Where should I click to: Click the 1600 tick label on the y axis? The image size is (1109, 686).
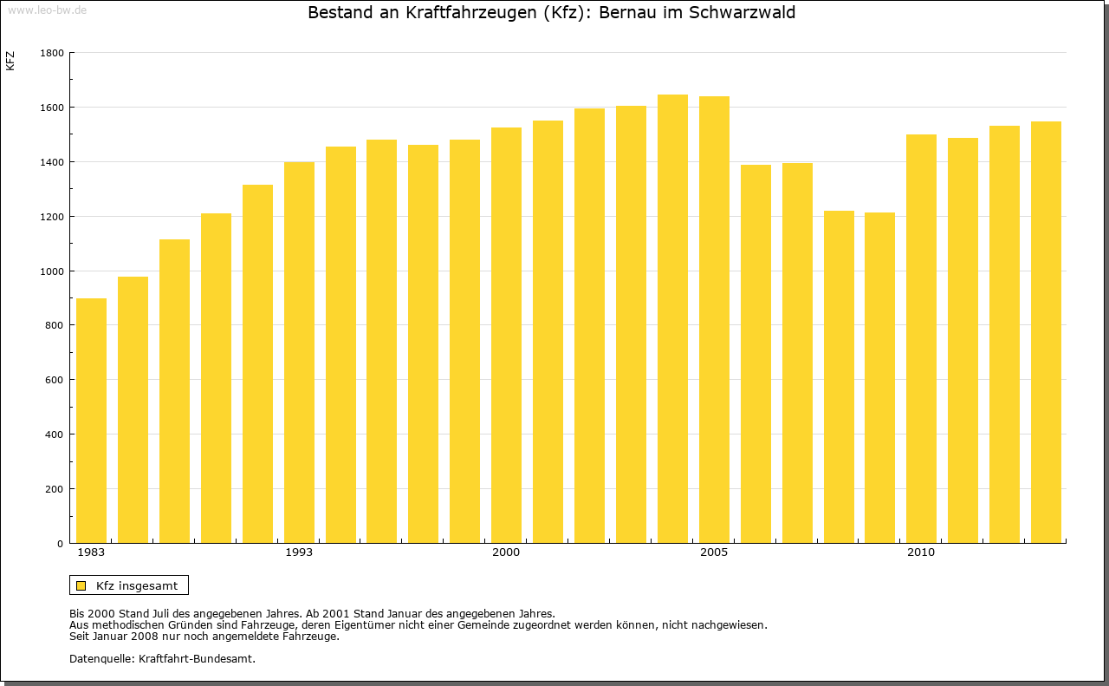tap(52, 108)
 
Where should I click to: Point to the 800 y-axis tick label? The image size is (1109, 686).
tap(55, 325)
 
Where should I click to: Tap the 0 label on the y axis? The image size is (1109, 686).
tap(61, 544)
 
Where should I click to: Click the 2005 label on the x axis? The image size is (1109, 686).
tap(714, 552)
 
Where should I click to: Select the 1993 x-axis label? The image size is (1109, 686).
tap(299, 552)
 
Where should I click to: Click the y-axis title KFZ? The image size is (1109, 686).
tap(10, 61)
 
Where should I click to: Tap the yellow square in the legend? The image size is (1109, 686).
tap(81, 585)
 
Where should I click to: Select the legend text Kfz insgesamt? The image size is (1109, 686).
tap(137, 585)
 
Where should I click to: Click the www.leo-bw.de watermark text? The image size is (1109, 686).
tap(47, 9)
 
